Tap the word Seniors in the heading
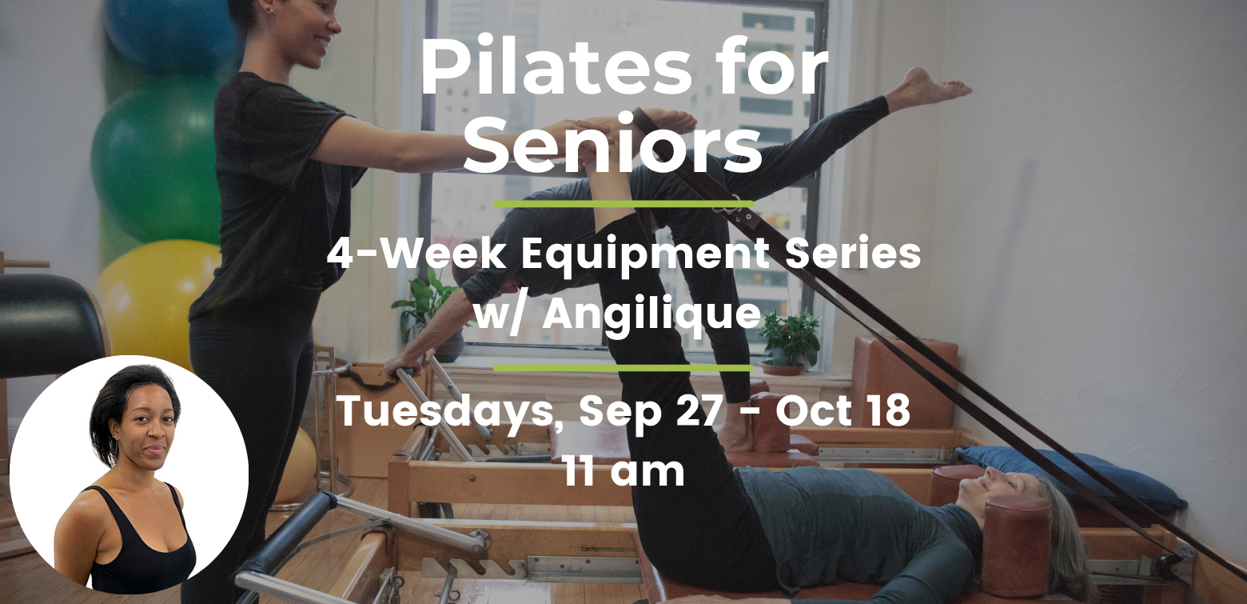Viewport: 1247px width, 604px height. point(612,145)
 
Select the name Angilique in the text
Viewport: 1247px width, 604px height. point(651,315)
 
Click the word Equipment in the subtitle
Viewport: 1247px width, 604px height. point(646,255)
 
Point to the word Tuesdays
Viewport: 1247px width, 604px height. point(450,411)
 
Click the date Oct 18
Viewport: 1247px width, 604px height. point(843,410)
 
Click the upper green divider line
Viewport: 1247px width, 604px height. point(623,204)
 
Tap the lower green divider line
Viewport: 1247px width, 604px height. point(623,368)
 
